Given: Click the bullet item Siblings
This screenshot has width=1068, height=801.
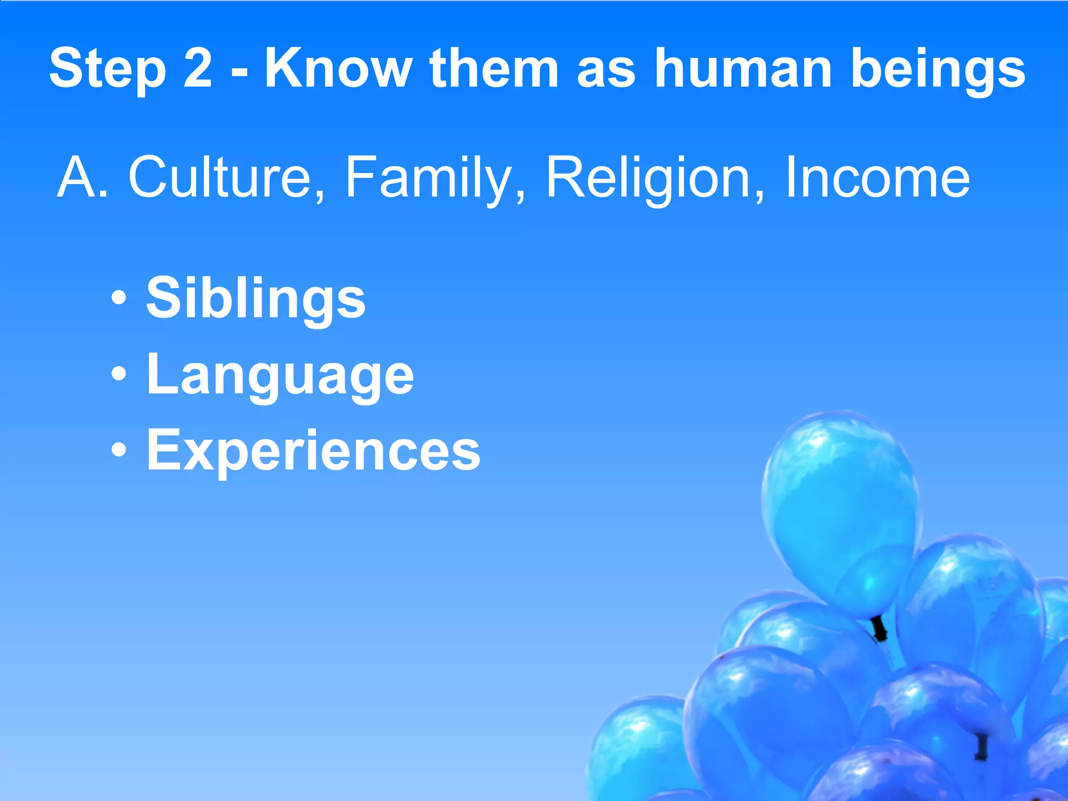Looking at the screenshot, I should [256, 299].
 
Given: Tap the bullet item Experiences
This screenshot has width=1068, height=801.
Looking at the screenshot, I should [313, 450].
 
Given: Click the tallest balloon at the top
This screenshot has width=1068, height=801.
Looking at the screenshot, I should [840, 511].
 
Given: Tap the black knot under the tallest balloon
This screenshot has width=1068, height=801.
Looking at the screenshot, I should [880, 629].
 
